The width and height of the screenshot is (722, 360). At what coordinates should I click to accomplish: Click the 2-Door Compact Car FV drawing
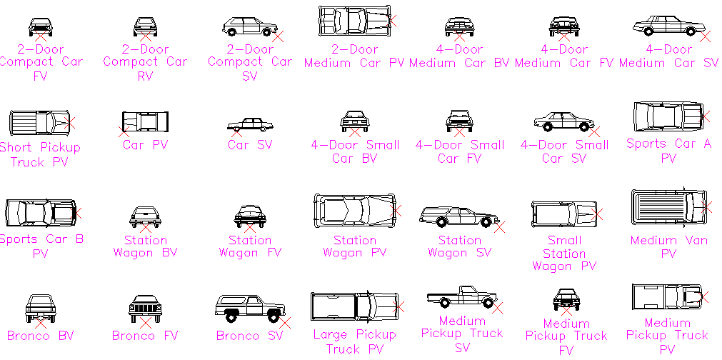tap(40, 26)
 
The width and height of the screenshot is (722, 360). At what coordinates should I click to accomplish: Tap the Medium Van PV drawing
tap(667, 206)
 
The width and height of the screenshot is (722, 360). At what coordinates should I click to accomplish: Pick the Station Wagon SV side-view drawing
tap(458, 216)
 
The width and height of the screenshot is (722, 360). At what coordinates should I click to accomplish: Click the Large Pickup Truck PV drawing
tap(354, 306)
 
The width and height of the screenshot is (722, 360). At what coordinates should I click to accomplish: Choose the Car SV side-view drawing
tap(250, 124)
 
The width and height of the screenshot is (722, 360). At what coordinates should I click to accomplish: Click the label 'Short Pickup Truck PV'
tap(40, 154)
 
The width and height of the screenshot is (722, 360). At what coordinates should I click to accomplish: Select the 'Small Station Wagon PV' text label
tap(564, 254)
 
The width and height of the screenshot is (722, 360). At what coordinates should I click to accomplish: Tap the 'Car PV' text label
tap(144, 145)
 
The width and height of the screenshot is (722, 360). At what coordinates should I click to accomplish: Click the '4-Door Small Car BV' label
tap(355, 151)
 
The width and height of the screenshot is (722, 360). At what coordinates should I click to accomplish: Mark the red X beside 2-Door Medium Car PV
tap(392, 22)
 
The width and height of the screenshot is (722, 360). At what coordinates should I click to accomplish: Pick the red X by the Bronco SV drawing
tap(284, 323)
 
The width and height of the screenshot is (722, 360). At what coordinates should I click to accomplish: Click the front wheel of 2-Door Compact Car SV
tap(267, 32)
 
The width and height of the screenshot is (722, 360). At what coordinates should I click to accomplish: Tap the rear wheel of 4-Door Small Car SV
tap(547, 127)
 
